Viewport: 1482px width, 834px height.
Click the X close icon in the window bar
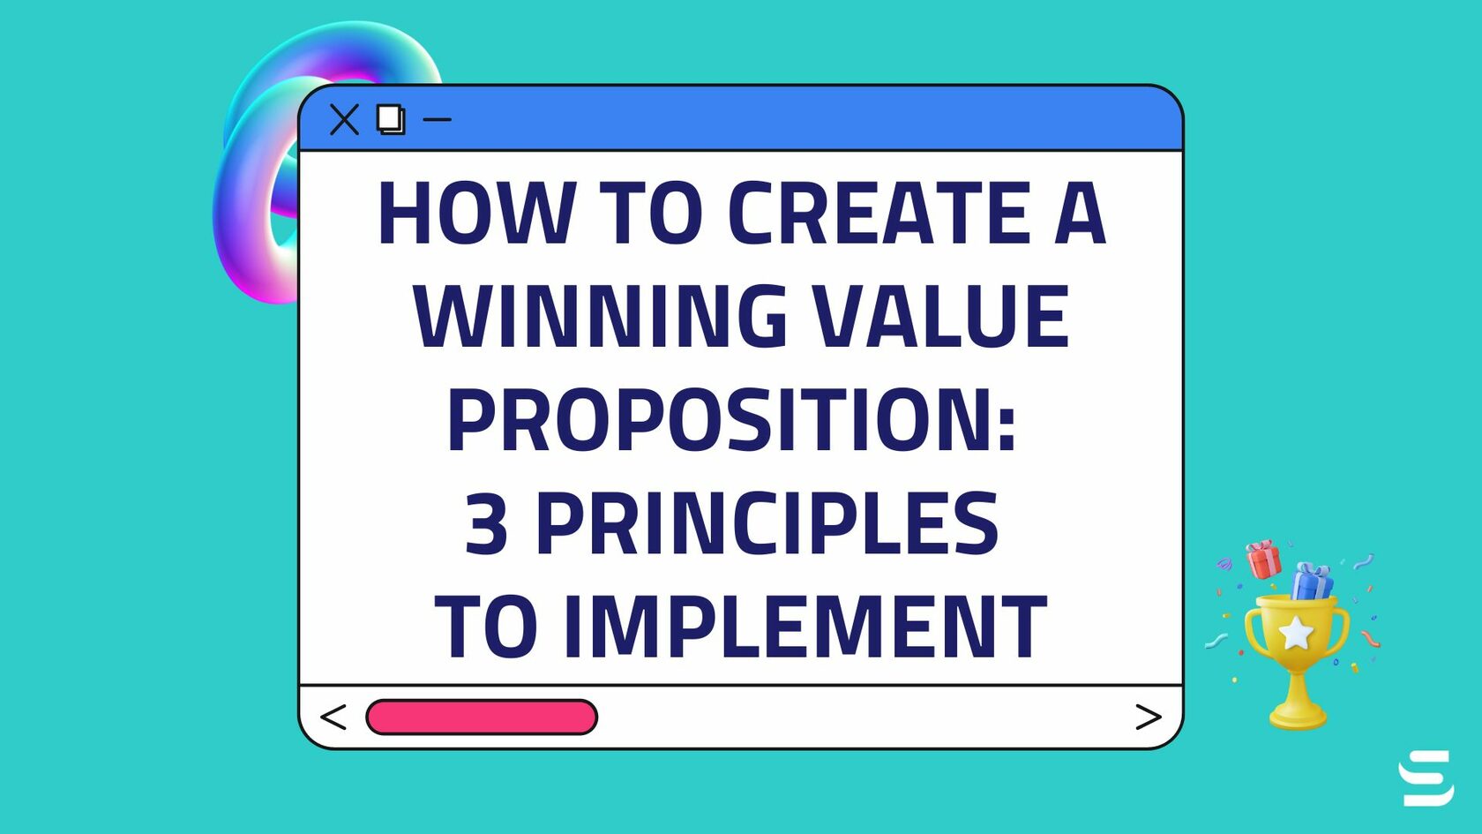coord(344,119)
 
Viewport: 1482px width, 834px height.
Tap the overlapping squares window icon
coord(391,119)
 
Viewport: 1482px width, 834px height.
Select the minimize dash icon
coord(438,119)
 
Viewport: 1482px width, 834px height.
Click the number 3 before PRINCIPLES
coord(486,524)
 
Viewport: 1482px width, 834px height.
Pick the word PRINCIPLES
coord(767,524)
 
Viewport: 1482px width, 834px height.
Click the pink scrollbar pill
coord(482,717)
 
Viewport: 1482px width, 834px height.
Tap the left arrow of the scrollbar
coord(333,717)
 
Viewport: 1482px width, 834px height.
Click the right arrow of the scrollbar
coord(1148,717)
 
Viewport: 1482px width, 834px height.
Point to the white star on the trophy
coord(1296,633)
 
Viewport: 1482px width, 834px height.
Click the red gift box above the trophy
coord(1263,560)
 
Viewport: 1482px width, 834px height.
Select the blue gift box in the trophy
coord(1312,582)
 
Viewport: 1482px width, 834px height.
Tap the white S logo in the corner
coord(1426,778)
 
